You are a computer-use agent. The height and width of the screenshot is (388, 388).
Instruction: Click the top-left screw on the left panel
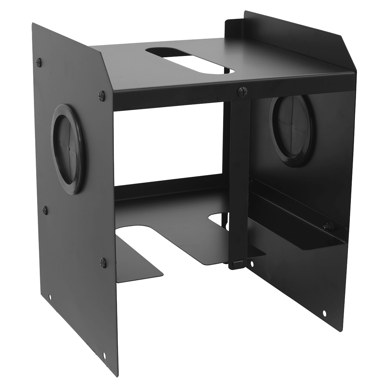click(x=39, y=60)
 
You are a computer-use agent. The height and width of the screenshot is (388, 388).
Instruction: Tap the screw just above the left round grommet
click(x=101, y=94)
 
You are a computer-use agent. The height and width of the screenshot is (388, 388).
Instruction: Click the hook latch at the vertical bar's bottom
click(x=236, y=264)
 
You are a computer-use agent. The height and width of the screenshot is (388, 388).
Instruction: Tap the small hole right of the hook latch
click(x=252, y=264)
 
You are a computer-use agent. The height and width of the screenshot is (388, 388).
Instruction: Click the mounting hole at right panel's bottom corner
click(x=324, y=313)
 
